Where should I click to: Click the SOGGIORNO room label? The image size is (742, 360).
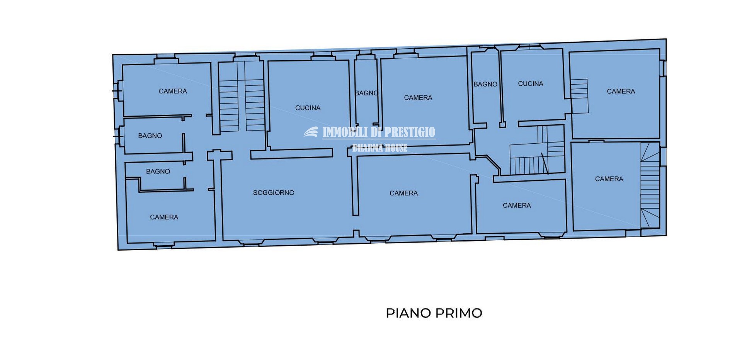point(274,192)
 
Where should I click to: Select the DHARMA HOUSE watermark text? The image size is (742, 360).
point(380,148)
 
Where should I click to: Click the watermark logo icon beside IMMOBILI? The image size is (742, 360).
point(311,132)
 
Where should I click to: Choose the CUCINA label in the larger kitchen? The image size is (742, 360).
point(308,108)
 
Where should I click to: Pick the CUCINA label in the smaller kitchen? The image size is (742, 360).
point(531,84)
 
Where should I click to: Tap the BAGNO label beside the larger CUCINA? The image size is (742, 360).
point(366,93)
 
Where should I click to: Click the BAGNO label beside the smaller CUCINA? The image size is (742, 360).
point(485,84)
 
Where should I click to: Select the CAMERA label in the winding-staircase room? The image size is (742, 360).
point(609,179)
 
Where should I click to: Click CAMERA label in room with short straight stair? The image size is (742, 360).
point(621,92)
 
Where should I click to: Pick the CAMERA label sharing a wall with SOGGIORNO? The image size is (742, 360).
point(403,193)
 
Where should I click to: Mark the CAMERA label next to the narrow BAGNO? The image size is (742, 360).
point(418,98)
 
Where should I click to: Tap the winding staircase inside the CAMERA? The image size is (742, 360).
point(650,185)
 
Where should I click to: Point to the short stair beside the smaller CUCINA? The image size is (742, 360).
point(579,96)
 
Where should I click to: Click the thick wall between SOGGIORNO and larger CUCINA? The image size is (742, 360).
point(292,154)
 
